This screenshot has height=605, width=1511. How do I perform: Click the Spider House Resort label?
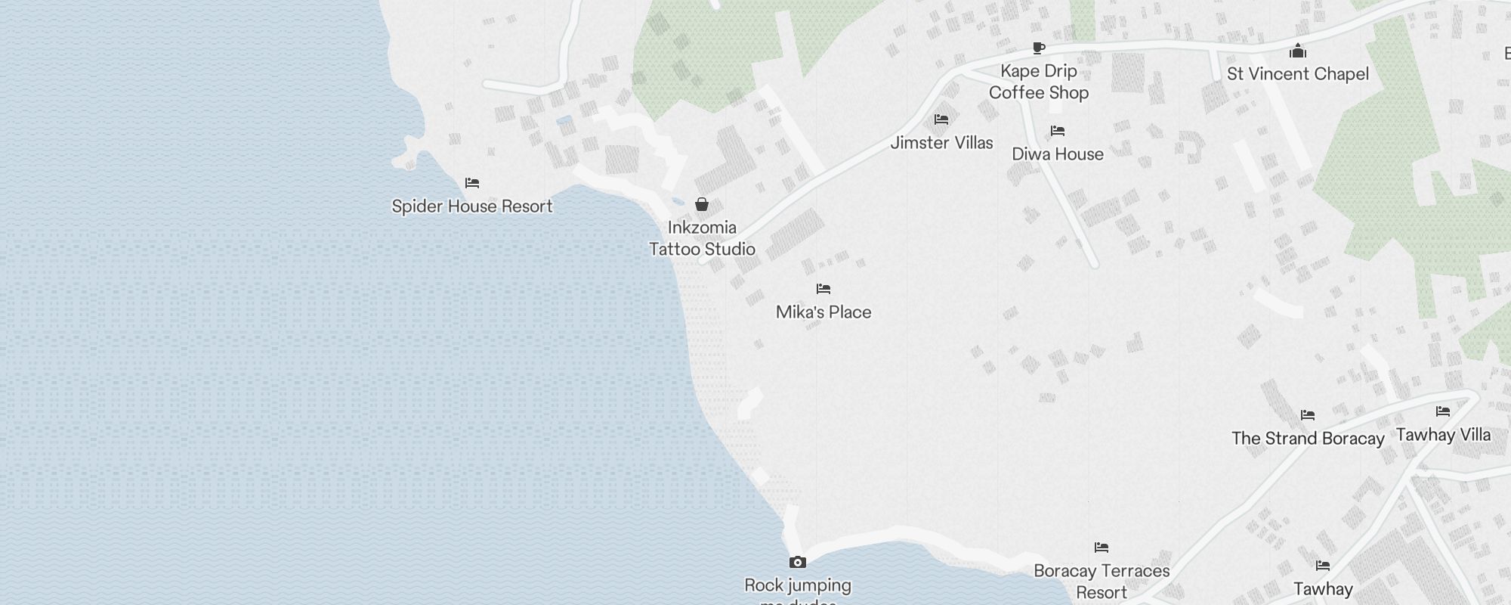coord(472,206)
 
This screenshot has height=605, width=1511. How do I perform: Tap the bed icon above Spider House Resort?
coord(472,183)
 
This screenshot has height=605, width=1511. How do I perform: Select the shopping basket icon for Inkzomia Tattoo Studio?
coord(702,204)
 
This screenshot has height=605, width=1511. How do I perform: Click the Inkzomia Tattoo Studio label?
coord(702,238)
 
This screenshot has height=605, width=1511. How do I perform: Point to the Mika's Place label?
coord(823,312)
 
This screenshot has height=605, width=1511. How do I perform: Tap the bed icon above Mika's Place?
coord(823,289)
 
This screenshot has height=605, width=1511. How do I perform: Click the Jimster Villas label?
coord(941,143)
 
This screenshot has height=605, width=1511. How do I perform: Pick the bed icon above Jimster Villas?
coord(941,119)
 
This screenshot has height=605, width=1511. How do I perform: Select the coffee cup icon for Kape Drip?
coord(1039,48)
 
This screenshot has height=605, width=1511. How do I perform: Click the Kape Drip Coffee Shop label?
coord(1039,82)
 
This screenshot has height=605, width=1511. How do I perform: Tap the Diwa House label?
coord(1058,154)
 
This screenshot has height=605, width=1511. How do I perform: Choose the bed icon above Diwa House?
coord(1058,131)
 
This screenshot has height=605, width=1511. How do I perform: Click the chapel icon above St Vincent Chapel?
coord(1298,51)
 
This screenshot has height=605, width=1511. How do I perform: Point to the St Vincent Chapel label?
coord(1298,74)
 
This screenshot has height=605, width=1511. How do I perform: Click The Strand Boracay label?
coord(1308,439)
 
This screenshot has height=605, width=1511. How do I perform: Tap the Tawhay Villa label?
coord(1443,435)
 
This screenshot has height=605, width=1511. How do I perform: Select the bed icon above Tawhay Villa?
coord(1443,411)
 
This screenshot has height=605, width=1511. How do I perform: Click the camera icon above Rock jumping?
coord(798,562)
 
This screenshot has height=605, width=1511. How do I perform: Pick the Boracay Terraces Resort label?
coord(1102,582)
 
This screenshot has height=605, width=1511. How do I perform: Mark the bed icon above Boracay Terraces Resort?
coord(1102,548)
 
